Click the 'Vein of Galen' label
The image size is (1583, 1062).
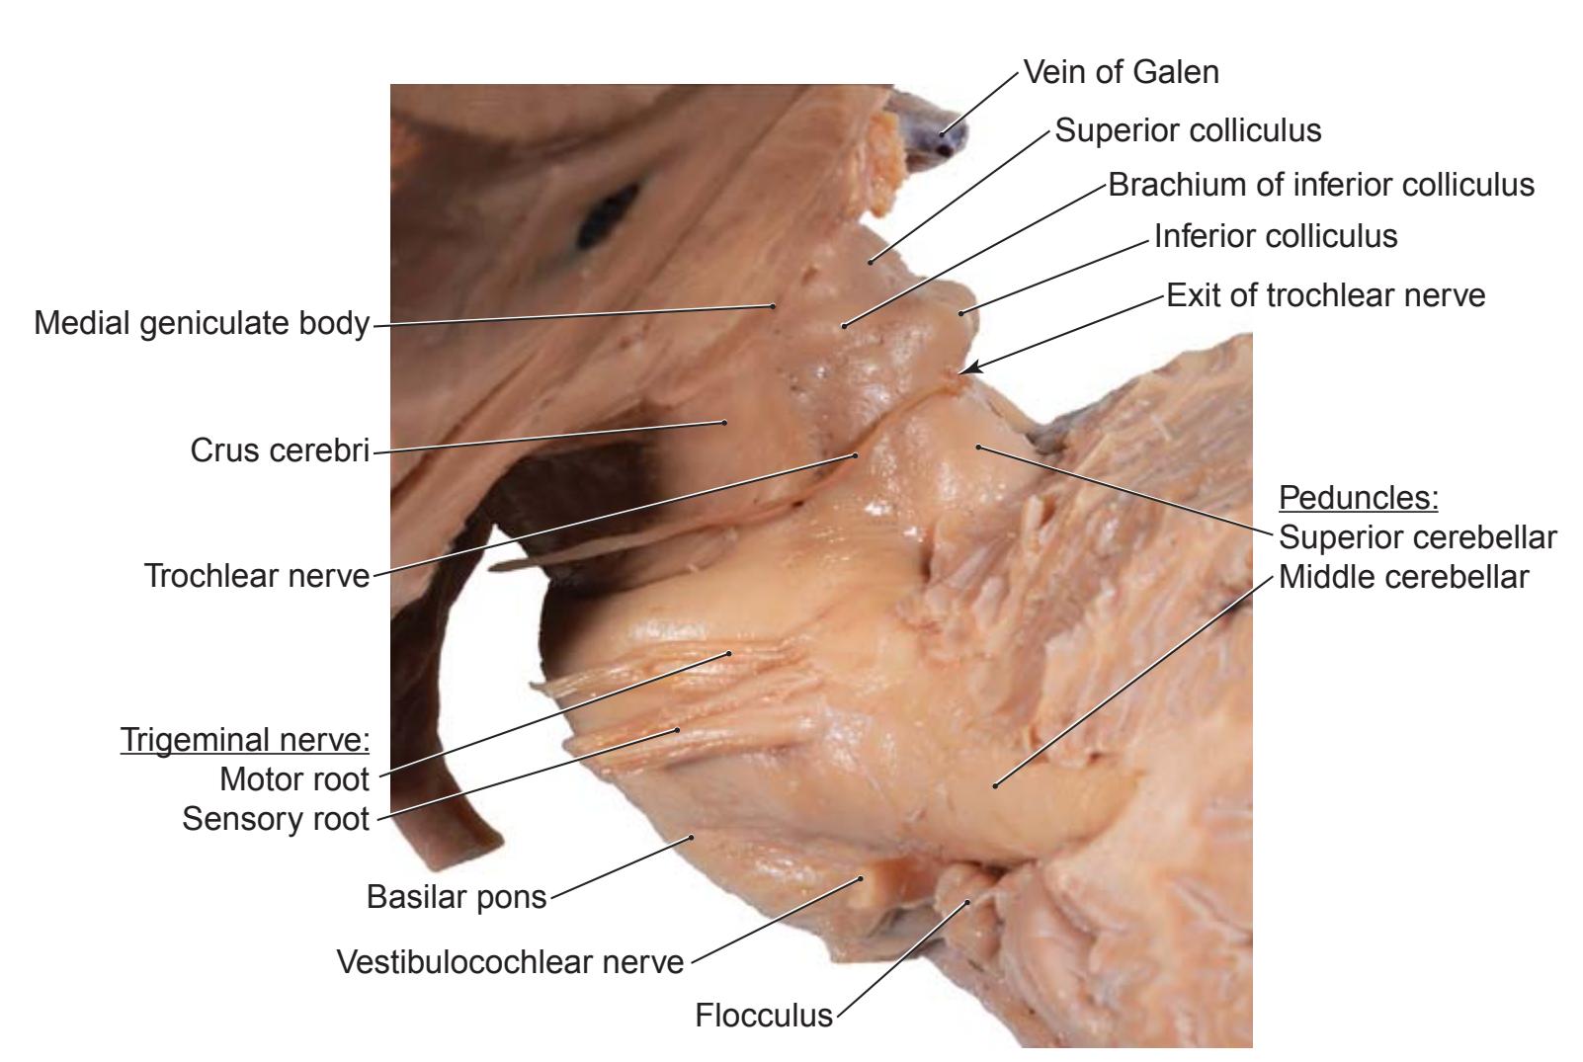tap(1122, 72)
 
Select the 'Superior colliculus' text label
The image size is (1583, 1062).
tap(1188, 130)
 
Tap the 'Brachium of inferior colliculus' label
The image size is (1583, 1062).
tap(1321, 185)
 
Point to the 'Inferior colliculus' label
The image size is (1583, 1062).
tap(1276, 236)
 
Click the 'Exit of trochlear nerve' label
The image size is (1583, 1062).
tap(1326, 295)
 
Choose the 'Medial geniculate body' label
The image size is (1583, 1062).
tap(203, 324)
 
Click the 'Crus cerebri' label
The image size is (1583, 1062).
tap(280, 450)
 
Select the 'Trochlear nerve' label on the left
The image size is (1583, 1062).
tap(257, 576)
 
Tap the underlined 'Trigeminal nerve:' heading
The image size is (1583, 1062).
tap(245, 740)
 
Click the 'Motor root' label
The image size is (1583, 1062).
tap(294, 779)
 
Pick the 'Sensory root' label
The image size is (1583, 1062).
tap(276, 819)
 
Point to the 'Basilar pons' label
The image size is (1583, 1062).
tap(457, 897)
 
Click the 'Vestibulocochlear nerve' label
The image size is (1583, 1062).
tap(510, 962)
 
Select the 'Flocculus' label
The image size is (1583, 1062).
tap(764, 1016)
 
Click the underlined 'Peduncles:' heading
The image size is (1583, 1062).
tap(1359, 498)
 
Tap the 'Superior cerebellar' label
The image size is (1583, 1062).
tap(1418, 537)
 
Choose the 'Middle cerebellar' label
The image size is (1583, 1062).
tap(1403, 577)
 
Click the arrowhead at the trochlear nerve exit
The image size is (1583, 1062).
tap(970, 368)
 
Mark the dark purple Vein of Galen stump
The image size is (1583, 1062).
tap(933, 130)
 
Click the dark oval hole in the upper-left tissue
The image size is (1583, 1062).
tap(608, 215)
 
